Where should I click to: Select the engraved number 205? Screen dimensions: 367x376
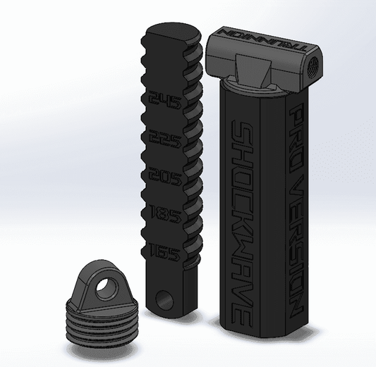click(163, 175)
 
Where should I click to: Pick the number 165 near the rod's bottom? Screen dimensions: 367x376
click(164, 249)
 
